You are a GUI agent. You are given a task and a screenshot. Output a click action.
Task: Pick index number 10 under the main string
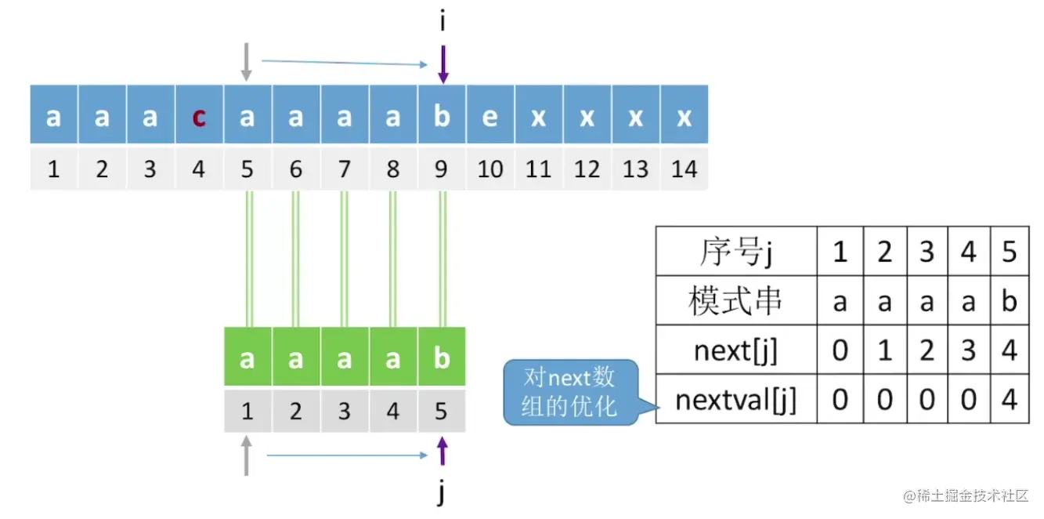pyautogui.click(x=489, y=169)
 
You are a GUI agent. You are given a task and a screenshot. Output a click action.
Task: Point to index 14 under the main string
pyautogui.click(x=684, y=169)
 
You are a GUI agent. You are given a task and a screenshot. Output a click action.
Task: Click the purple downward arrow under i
pyautogui.click(x=443, y=64)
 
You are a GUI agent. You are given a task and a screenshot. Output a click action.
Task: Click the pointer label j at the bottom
pyautogui.click(x=443, y=494)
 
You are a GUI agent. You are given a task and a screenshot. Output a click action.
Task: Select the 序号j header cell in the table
pyautogui.click(x=735, y=252)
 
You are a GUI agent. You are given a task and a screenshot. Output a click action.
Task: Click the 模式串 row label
pyautogui.click(x=735, y=301)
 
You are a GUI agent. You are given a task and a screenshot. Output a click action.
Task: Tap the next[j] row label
pyautogui.click(x=735, y=350)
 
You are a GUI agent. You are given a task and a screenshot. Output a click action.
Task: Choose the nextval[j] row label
pyautogui.click(x=735, y=400)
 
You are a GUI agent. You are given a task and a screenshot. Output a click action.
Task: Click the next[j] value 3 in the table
pyautogui.click(x=968, y=350)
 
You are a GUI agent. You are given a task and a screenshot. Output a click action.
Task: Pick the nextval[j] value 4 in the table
pyautogui.click(x=1010, y=400)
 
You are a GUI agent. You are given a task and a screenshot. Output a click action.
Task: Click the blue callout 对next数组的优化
pyautogui.click(x=570, y=392)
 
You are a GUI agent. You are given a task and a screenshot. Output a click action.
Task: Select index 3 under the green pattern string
pyautogui.click(x=344, y=411)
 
